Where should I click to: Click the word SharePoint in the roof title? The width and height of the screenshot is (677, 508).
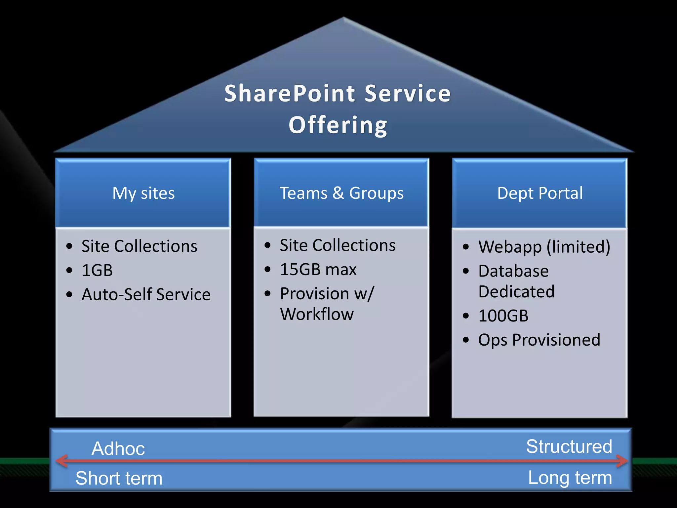(x=290, y=94)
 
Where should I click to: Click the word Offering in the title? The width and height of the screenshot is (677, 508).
(x=338, y=125)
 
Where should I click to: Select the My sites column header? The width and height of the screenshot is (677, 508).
(x=143, y=193)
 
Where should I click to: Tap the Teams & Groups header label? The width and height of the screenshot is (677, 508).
(x=341, y=193)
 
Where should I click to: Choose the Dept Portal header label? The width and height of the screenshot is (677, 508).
(x=540, y=193)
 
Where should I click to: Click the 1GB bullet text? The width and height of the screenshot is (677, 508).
(x=97, y=270)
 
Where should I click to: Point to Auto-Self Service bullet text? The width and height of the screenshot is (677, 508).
(x=146, y=294)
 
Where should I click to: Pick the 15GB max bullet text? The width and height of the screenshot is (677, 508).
(x=318, y=269)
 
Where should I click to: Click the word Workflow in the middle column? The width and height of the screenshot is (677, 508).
(x=317, y=314)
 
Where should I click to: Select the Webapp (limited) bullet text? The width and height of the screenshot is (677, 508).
(x=544, y=247)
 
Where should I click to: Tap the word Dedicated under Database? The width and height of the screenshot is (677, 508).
(x=516, y=292)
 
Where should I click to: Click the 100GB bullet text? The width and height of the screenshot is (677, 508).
(x=503, y=316)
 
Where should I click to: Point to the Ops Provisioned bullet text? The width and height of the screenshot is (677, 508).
(x=539, y=340)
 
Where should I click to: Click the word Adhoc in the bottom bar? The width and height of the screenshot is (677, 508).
(x=118, y=448)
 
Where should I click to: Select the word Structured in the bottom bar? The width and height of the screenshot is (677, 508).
(x=569, y=446)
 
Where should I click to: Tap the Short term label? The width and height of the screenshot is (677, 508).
(x=119, y=478)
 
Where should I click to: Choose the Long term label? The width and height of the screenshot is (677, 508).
(x=570, y=478)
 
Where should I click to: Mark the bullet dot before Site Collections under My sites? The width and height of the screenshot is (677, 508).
(x=69, y=246)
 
